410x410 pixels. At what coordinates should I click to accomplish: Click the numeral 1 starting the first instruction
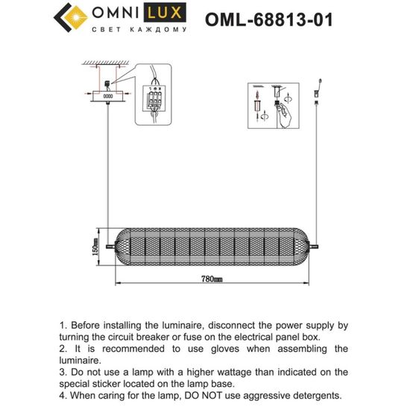pyautogui.click(x=63, y=327)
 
